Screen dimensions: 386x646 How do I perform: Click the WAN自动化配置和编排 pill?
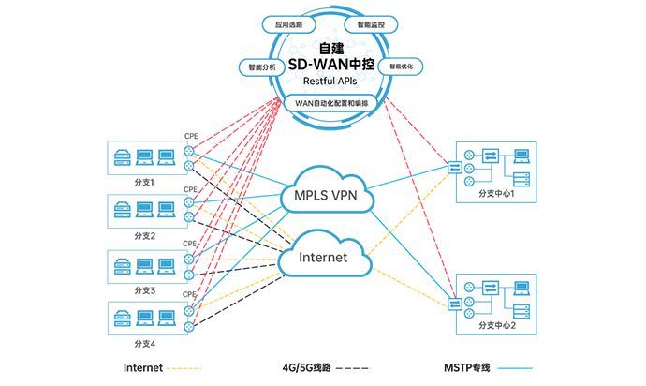(x=322, y=100)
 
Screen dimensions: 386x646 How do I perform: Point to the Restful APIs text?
(x=322, y=82)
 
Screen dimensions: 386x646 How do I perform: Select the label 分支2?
(x=145, y=234)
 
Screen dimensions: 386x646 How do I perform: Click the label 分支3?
(x=145, y=289)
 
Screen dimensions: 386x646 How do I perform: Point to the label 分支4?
(x=145, y=343)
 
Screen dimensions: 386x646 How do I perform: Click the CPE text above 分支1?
(x=190, y=137)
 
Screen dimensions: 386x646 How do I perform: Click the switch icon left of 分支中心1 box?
(x=455, y=168)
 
